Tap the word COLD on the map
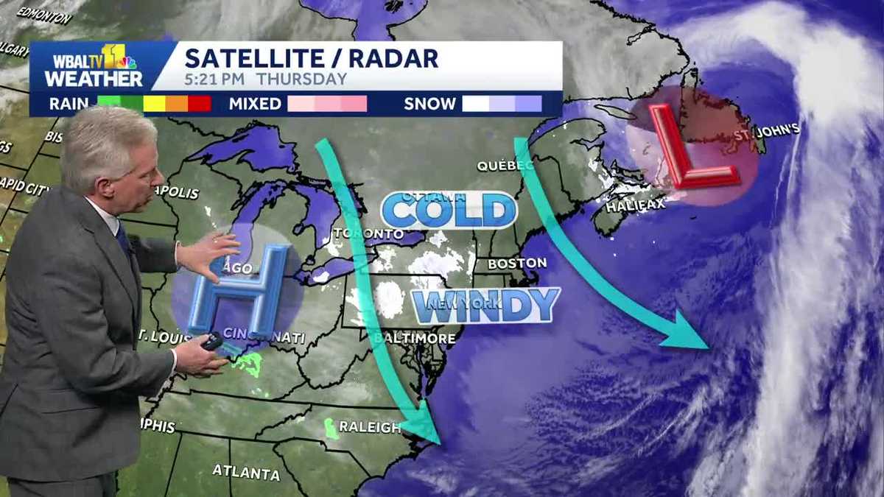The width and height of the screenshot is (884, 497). (449, 211)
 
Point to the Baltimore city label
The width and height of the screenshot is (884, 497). (414, 338)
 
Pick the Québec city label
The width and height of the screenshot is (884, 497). (505, 166)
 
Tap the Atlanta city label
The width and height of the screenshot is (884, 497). (246, 472)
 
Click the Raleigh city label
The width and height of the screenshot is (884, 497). (369, 427)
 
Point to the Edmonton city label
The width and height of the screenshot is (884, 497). (44, 15)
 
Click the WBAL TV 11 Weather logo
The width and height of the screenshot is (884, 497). (94, 66)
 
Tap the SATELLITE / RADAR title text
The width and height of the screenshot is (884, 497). (311, 57)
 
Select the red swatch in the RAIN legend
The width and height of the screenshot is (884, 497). (200, 104)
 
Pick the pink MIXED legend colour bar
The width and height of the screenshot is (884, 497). (327, 104)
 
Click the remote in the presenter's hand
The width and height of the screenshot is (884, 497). (213, 342)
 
